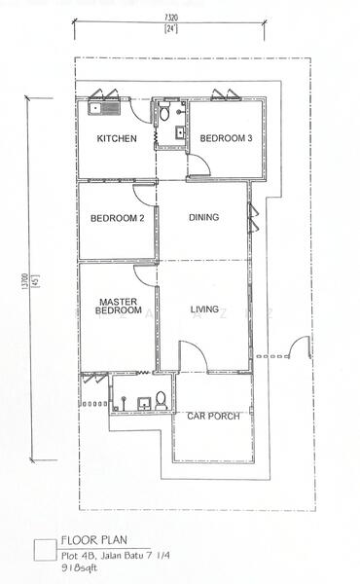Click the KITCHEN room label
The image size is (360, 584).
click(117, 138)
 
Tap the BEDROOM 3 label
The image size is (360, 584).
click(226, 138)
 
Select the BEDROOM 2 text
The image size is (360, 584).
click(118, 218)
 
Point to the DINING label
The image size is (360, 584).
click(203, 217)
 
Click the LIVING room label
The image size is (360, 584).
click(204, 310)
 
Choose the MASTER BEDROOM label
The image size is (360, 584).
click(119, 306)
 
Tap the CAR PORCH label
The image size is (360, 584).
click(213, 416)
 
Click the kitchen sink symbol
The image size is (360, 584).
click(104, 108)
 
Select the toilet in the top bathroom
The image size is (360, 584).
click(164, 111)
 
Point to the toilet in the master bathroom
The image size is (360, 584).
click(161, 401)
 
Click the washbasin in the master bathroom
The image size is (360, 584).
click(144, 404)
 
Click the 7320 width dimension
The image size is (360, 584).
click(171, 18)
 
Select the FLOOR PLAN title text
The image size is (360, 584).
click(94, 540)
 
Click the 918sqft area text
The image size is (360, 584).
click(79, 568)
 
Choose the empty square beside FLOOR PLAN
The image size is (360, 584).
click(45, 550)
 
